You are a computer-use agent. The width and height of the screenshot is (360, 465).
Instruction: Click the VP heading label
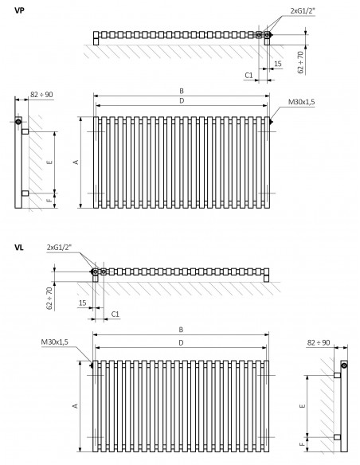click(x=19, y=10)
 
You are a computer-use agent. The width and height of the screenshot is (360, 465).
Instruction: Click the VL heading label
click(x=19, y=248)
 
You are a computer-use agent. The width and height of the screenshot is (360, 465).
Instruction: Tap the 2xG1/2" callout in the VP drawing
click(x=303, y=10)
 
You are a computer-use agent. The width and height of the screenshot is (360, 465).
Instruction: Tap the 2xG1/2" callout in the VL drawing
click(x=59, y=247)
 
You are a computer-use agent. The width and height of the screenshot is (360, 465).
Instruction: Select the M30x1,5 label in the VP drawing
click(x=302, y=102)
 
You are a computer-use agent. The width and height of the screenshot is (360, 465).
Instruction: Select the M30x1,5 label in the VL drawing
click(x=55, y=342)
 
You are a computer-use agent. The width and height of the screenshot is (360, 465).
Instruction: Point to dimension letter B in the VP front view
click(x=182, y=91)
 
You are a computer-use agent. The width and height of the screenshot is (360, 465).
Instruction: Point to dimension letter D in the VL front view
click(x=181, y=343)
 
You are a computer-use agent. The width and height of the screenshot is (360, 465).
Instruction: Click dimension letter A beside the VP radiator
click(x=76, y=162)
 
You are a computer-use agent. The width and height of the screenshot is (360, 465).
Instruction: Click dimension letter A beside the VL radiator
click(x=76, y=405)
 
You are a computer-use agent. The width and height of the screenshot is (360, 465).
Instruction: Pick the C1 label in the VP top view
click(x=248, y=76)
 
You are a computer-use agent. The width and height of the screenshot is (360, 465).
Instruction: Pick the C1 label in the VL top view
click(x=115, y=314)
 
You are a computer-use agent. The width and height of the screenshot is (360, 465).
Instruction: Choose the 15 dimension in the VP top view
click(x=277, y=64)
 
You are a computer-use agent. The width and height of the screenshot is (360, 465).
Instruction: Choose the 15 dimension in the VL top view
click(x=83, y=303)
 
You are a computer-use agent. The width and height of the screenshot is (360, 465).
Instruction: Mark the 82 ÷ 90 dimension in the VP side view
click(x=41, y=95)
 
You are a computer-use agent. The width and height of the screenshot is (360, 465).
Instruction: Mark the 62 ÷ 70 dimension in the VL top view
click(x=50, y=298)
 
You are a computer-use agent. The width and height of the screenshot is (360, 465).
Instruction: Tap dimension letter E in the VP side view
click(x=50, y=162)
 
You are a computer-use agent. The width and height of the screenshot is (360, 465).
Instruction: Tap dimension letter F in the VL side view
click(x=302, y=444)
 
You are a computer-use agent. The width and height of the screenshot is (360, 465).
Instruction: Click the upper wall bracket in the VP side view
click(x=25, y=131)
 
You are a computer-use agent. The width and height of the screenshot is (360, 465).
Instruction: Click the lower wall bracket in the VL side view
click(x=337, y=437)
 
